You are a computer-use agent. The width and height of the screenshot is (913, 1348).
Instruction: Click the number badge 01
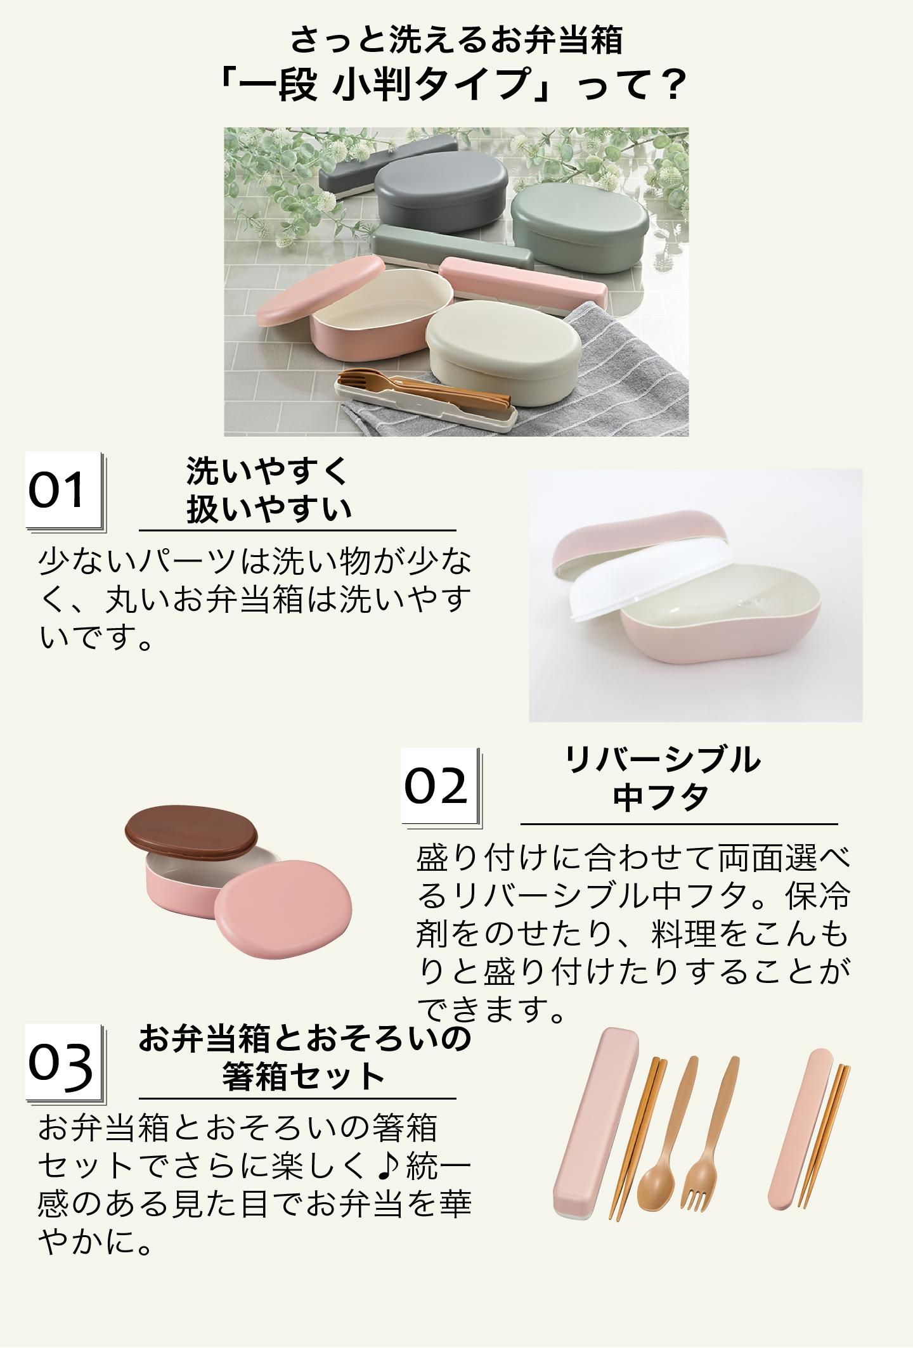tap(64, 491)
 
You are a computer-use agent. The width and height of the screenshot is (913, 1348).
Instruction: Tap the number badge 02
tap(441, 786)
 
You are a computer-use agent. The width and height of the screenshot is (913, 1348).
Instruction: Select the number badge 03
tap(64, 1063)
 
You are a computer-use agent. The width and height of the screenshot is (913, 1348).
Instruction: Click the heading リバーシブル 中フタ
tap(661, 778)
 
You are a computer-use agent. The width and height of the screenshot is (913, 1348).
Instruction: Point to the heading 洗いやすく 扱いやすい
tap(268, 490)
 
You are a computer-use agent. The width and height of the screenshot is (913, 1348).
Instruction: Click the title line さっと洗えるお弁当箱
tap(456, 41)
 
